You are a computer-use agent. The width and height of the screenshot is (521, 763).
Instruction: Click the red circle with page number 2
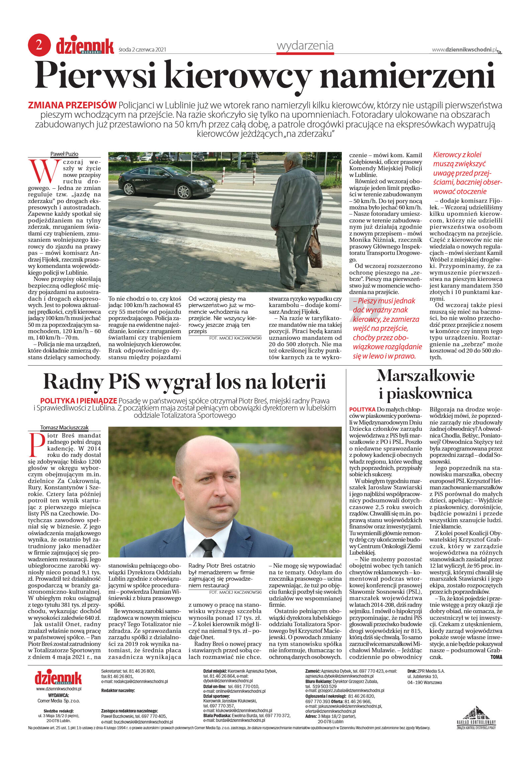pyautogui.click(x=39, y=45)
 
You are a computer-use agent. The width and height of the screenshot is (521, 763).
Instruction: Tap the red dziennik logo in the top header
pyautogui.click(x=85, y=46)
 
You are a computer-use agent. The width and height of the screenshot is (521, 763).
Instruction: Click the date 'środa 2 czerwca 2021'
pyautogui.click(x=142, y=50)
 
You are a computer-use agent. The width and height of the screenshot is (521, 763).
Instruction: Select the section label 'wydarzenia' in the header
pyautogui.click(x=305, y=45)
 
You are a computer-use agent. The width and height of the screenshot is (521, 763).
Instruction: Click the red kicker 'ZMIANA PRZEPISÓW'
pyautogui.click(x=72, y=105)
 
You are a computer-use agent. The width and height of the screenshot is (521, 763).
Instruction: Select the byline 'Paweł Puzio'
pyautogui.click(x=64, y=154)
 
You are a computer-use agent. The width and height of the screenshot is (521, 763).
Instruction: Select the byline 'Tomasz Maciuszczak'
pyautogui.click(x=64, y=427)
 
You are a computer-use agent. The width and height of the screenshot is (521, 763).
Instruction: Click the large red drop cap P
pyautogui.click(x=37, y=445)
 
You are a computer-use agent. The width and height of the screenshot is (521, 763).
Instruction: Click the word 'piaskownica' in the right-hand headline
pyautogui.click(x=426, y=393)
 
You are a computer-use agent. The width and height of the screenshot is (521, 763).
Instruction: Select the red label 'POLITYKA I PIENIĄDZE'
pyautogui.click(x=78, y=401)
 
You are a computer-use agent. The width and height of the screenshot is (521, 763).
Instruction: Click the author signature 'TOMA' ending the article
pyautogui.click(x=496, y=657)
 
